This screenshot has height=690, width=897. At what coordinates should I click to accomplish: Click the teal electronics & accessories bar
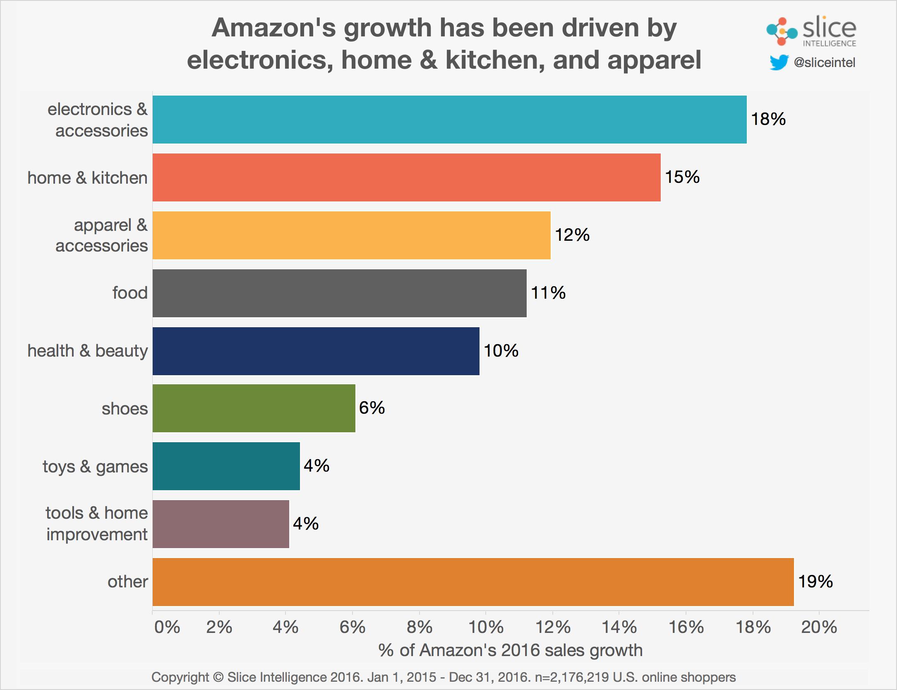click(x=449, y=120)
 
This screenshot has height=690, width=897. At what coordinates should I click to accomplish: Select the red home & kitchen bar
click(x=406, y=177)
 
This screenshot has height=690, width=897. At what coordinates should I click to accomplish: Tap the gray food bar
click(x=339, y=293)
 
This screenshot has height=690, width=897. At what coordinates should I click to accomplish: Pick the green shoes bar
click(x=254, y=408)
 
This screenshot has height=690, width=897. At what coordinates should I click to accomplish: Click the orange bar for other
click(x=473, y=582)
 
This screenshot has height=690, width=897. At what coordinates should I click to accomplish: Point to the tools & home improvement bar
click(x=221, y=524)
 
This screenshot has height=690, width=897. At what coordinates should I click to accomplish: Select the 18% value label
click(x=768, y=120)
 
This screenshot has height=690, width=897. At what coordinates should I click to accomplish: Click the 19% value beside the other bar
click(x=815, y=582)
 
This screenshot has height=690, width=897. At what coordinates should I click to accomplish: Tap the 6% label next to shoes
click(x=372, y=408)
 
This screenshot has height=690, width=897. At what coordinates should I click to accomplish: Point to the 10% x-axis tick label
click(x=486, y=628)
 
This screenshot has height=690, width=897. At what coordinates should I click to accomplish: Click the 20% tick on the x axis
click(x=819, y=628)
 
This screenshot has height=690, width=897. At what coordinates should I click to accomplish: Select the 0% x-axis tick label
click(x=167, y=628)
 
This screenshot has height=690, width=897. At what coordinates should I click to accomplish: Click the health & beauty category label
click(x=87, y=351)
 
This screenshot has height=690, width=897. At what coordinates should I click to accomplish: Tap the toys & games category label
click(x=95, y=467)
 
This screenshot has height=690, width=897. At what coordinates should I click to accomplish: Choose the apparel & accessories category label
click(x=102, y=235)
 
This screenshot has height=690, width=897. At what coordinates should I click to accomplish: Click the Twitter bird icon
click(x=779, y=63)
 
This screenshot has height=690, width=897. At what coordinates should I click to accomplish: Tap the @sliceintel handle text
click(x=824, y=63)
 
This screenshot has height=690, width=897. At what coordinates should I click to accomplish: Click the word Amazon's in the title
click(x=274, y=28)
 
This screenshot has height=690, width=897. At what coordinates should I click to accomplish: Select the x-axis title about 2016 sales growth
click(x=510, y=651)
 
